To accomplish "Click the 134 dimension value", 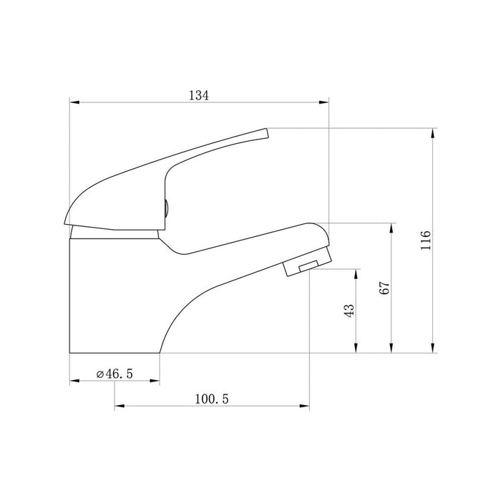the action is tap(199, 95).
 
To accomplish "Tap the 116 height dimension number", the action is tap(425, 240).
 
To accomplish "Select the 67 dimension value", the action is tap(385, 288).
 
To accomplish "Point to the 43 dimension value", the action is tap(349, 310).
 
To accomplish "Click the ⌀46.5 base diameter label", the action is tap(115, 374).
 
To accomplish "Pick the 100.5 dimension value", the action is tap(212, 399).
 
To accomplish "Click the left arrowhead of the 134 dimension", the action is tap(74, 102).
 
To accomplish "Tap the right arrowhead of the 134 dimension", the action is tap(324, 102).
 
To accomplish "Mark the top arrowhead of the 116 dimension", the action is tap(433, 133).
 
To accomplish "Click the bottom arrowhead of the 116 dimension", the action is tap(433, 349).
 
